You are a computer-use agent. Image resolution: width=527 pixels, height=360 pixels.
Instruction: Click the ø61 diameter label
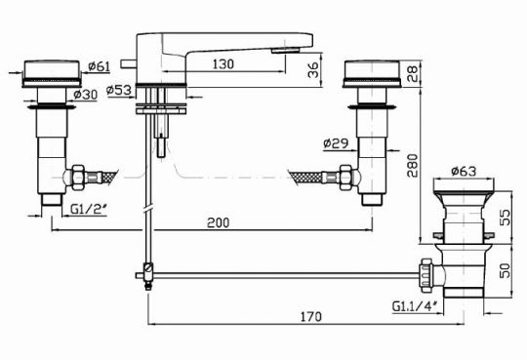[x=100, y=66]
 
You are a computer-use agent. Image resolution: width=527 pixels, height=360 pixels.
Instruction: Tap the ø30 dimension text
[x=85, y=96]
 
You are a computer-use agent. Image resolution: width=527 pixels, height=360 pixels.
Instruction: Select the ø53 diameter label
[x=119, y=90]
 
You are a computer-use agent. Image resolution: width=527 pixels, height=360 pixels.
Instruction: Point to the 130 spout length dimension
[x=223, y=63]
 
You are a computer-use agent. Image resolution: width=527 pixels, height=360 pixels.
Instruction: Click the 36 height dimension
[x=313, y=70]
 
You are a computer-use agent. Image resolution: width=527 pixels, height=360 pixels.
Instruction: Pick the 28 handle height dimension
[x=412, y=73]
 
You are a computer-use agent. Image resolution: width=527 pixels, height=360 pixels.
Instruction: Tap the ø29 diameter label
[x=336, y=143]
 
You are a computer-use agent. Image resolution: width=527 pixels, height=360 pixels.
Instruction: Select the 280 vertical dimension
[x=412, y=166]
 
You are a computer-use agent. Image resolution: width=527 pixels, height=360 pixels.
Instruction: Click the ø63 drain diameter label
[x=464, y=172]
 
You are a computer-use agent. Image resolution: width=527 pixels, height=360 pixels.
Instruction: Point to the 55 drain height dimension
[x=505, y=218]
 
